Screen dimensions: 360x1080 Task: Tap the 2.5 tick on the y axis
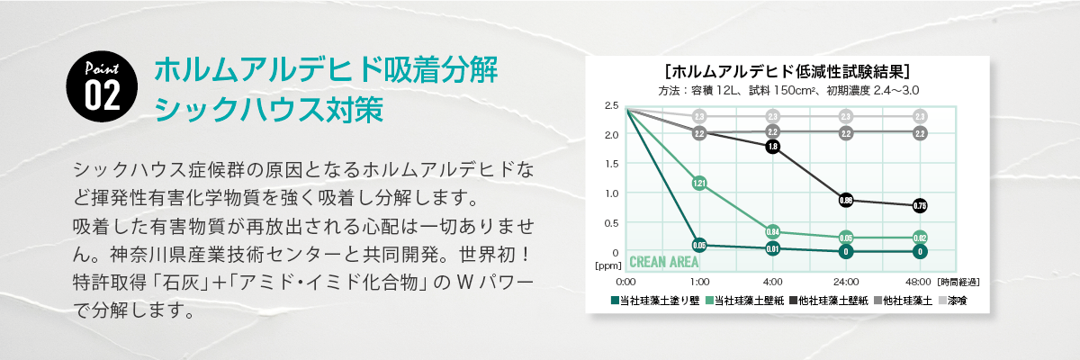pyautogui.click(x=612, y=106)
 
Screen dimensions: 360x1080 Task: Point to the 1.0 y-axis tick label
pyautogui.click(x=612, y=193)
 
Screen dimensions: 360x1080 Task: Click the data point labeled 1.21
pyautogui.click(x=699, y=184)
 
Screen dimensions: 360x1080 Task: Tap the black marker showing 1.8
pyautogui.click(x=772, y=146)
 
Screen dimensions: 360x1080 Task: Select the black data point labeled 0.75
pyautogui.click(x=919, y=206)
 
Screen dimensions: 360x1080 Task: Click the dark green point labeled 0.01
pyautogui.click(x=772, y=247)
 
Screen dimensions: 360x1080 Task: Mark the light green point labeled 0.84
pyautogui.click(x=772, y=231)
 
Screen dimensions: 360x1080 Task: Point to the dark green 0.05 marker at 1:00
pyautogui.click(x=699, y=245)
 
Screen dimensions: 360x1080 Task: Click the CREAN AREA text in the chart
pyautogui.click(x=665, y=262)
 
